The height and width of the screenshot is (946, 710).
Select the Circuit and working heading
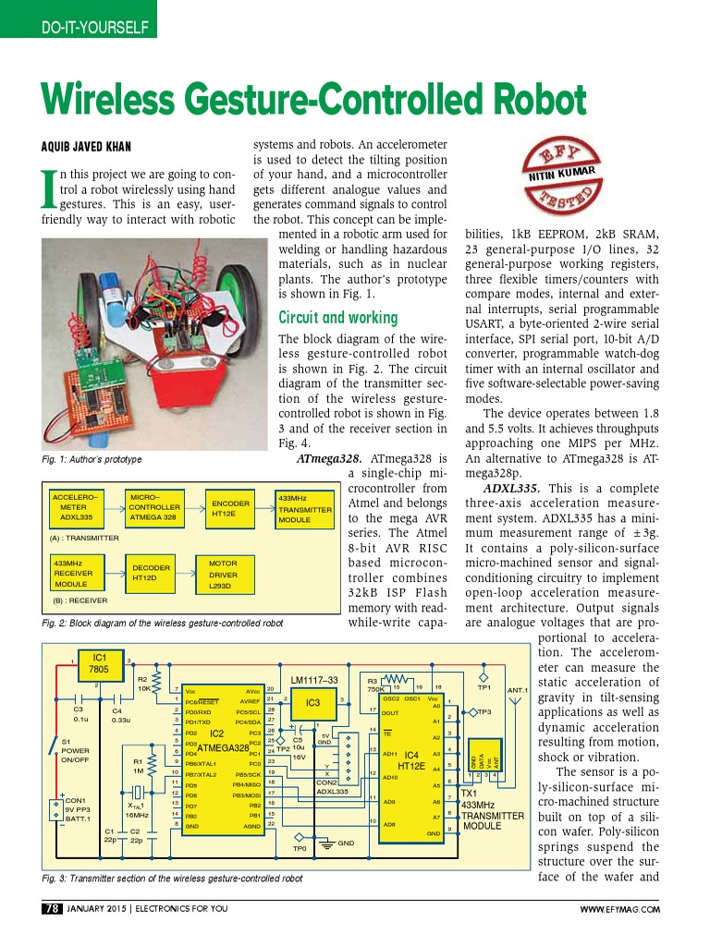(337, 318)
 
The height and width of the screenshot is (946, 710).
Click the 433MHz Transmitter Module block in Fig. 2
(304, 509)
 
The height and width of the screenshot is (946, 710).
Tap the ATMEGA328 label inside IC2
(222, 746)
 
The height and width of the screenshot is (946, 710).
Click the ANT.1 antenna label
(517, 690)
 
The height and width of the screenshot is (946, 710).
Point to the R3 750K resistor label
(376, 685)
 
